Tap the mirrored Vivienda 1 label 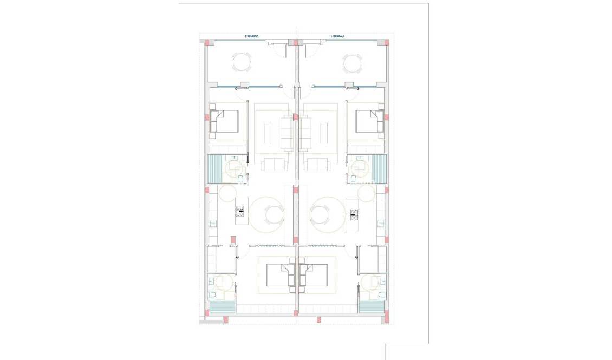(x=338, y=37)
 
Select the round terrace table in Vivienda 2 (x=242, y=62)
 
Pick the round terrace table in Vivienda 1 (x=352, y=63)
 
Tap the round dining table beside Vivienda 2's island (x=274, y=215)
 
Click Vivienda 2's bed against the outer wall (x=224, y=121)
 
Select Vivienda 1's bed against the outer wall (x=370, y=121)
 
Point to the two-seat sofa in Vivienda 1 (x=317, y=164)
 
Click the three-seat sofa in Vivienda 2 (x=287, y=132)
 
